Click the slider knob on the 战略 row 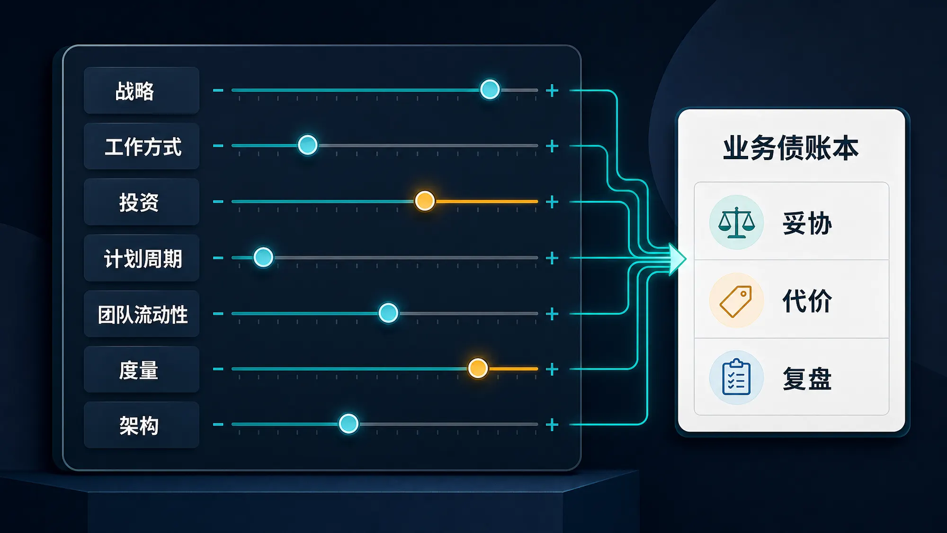click(x=490, y=89)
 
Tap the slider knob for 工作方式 click(x=308, y=145)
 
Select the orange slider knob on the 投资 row click(x=425, y=201)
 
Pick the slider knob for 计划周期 click(x=263, y=257)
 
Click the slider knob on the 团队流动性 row click(x=388, y=313)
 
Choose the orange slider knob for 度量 click(x=478, y=368)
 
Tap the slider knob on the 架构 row click(x=348, y=424)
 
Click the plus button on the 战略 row click(x=552, y=90)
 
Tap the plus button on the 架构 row click(x=552, y=425)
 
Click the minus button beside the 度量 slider click(x=218, y=369)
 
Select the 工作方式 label click(x=143, y=146)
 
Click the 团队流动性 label click(x=143, y=315)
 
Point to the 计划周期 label click(x=143, y=259)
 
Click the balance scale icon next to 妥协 click(x=736, y=222)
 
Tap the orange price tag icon click(x=736, y=301)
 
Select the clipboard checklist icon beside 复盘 click(x=736, y=378)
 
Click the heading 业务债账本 click(x=791, y=148)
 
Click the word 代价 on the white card click(x=807, y=301)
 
